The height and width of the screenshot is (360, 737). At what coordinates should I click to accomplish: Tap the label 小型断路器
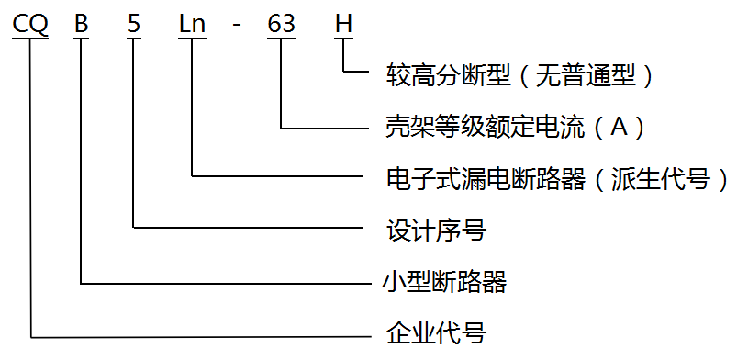[x=443, y=281]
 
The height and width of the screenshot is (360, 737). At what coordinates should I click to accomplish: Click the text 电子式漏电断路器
[x=485, y=178]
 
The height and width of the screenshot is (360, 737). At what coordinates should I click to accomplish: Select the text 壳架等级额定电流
[x=485, y=127]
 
